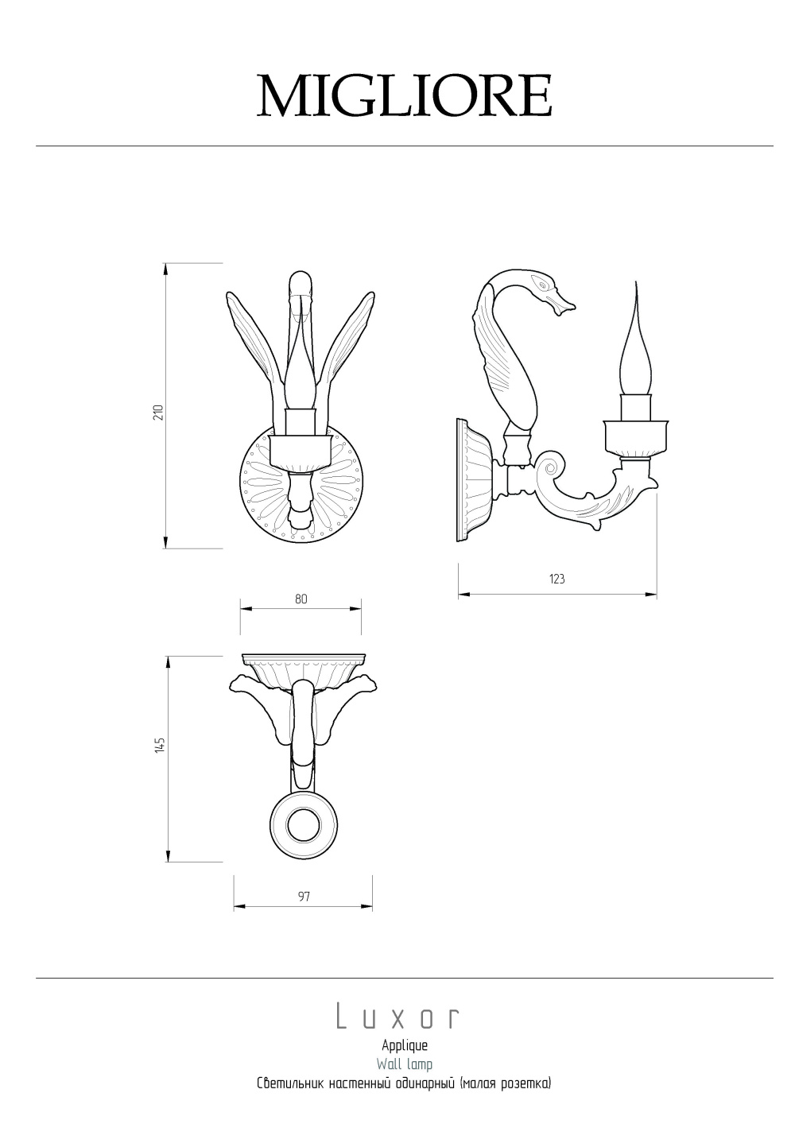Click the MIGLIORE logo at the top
405,96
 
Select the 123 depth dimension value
557,579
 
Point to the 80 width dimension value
301,599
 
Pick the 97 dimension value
304,897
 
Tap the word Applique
405,1046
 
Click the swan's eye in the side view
543,285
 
